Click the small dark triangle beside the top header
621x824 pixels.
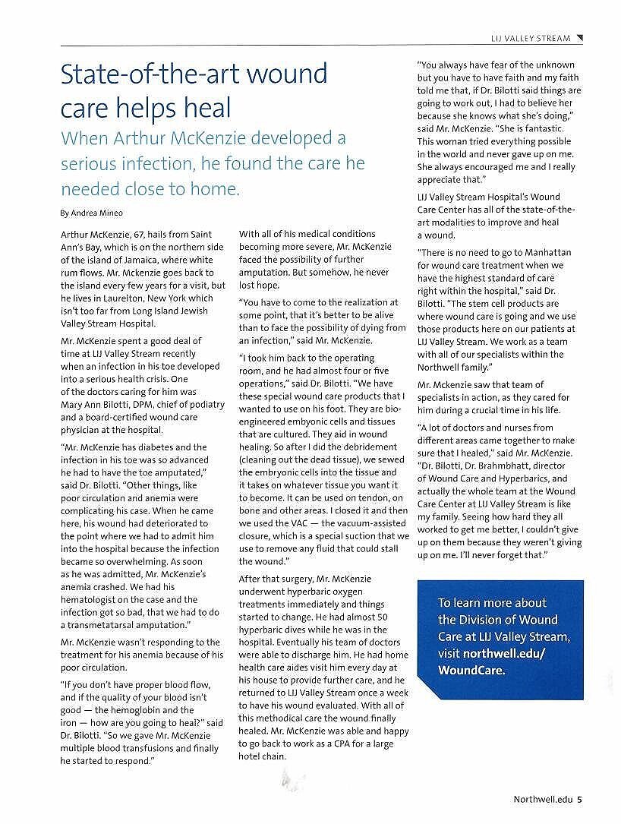(580, 38)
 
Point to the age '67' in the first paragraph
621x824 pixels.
(134, 234)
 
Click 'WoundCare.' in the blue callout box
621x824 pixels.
(471, 671)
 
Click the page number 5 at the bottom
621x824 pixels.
(580, 799)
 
